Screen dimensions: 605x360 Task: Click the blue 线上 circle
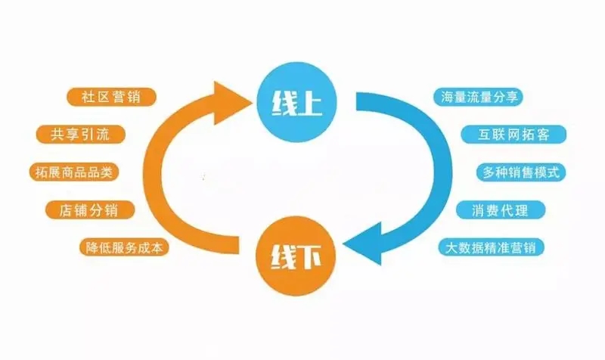click(x=296, y=103)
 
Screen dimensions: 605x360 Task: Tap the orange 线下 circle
click(x=296, y=256)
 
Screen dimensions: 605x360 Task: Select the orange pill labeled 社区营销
click(x=111, y=97)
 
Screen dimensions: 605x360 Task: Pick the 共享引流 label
click(x=81, y=135)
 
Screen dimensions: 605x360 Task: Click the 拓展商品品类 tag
click(x=73, y=172)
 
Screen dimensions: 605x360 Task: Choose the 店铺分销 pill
click(x=90, y=210)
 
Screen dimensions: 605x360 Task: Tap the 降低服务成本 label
click(x=124, y=247)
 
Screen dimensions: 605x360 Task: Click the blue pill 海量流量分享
click(x=479, y=97)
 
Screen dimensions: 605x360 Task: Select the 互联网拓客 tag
click(x=513, y=135)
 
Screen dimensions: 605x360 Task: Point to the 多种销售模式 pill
click(x=521, y=172)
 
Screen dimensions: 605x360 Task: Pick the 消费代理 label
click(x=501, y=210)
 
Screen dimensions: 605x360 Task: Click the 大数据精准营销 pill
click(x=491, y=247)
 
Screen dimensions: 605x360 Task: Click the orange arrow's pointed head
click(x=253, y=102)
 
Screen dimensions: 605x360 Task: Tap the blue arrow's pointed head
click(x=343, y=244)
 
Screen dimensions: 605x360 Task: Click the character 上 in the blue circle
click(x=310, y=103)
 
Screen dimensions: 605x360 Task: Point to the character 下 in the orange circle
click(x=309, y=256)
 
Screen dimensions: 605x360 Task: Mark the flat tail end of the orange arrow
click(x=238, y=245)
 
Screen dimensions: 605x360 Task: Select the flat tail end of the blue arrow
click(x=356, y=101)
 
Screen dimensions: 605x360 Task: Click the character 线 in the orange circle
click(x=284, y=257)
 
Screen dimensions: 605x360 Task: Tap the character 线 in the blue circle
click(x=284, y=103)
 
